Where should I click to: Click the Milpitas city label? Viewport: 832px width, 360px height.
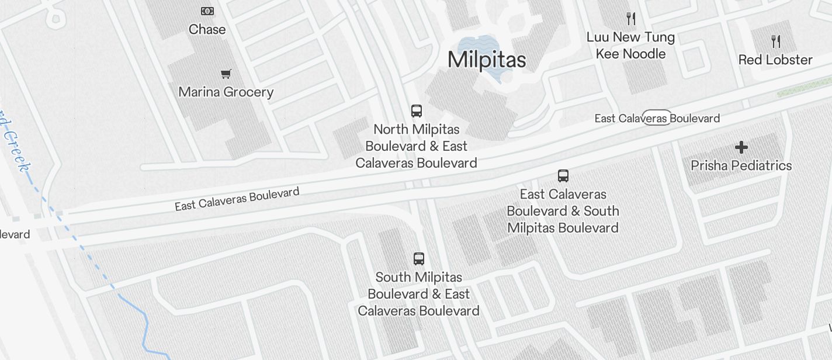[487, 60]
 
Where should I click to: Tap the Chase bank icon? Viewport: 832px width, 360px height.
[207, 11]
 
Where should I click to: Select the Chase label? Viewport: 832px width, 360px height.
[207, 29]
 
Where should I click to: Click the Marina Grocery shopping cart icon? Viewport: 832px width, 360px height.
[226, 74]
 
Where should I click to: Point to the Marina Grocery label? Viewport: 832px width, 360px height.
[226, 92]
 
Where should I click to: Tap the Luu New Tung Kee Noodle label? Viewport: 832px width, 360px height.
[630, 46]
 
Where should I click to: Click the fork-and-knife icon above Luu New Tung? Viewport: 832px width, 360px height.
[631, 19]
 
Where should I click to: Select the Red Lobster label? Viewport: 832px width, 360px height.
[775, 60]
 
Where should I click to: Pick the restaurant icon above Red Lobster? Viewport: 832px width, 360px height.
[776, 41]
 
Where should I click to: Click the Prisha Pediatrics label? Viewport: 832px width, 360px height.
[741, 165]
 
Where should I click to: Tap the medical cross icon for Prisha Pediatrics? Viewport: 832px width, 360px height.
[741, 147]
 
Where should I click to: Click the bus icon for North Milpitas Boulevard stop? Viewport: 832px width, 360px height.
[417, 111]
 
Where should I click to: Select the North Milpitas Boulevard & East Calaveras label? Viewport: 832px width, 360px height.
[417, 146]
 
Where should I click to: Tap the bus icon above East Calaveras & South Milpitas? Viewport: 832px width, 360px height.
[563, 176]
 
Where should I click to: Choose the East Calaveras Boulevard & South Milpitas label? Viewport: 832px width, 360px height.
[563, 211]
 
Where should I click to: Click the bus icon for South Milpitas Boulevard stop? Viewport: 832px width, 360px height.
[419, 259]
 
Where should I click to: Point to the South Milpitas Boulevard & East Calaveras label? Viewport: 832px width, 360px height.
[419, 294]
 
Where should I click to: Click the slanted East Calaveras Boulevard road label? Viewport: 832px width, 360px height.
[237, 199]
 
